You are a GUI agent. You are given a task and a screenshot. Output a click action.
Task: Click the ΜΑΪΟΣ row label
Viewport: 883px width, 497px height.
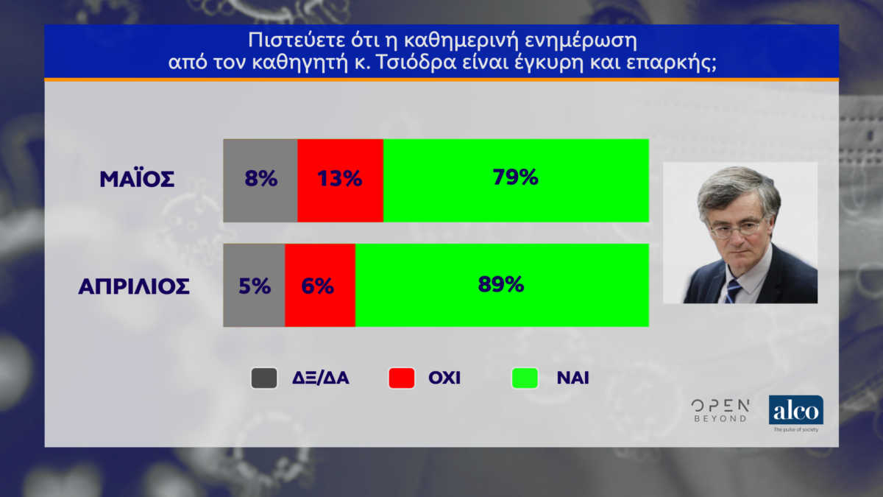pos(137,179)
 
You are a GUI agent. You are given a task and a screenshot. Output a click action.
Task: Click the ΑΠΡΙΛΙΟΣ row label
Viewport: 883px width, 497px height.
pos(134,286)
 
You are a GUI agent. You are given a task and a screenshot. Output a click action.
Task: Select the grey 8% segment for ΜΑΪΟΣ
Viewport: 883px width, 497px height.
pos(260,180)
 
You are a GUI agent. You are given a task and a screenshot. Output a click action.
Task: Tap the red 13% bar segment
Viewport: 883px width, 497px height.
pos(340,180)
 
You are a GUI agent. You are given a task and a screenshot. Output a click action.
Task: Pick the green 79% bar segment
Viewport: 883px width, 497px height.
pos(516,180)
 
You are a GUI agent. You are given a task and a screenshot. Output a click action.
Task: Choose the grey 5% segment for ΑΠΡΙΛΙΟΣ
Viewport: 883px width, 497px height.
pos(254,285)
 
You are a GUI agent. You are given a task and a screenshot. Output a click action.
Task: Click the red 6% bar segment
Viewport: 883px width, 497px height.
pos(320,285)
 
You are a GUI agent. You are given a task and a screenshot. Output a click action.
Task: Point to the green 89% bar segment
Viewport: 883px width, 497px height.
pos(502,285)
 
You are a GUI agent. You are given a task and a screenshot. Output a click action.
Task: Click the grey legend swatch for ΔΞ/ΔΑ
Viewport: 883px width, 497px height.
pos(264,378)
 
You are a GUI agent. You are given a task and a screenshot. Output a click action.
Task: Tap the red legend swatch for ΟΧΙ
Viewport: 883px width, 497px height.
pos(402,378)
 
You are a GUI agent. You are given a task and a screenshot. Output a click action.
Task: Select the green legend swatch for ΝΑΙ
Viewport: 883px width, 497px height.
pos(525,378)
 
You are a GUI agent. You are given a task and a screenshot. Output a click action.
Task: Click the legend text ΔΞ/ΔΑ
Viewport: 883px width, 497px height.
pos(321,378)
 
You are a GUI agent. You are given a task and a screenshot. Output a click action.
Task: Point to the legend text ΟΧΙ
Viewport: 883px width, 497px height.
pos(444,378)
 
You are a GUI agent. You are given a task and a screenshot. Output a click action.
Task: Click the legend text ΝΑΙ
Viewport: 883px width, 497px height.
pos(572,378)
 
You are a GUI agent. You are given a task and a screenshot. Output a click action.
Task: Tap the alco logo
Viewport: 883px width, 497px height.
pos(796,413)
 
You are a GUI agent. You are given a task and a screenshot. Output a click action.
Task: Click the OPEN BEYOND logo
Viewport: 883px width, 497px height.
pos(720,411)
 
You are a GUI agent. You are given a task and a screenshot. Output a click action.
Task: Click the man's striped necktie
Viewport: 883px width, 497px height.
pos(733,290)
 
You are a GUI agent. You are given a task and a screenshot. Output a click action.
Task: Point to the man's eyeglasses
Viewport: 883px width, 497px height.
pos(737,228)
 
